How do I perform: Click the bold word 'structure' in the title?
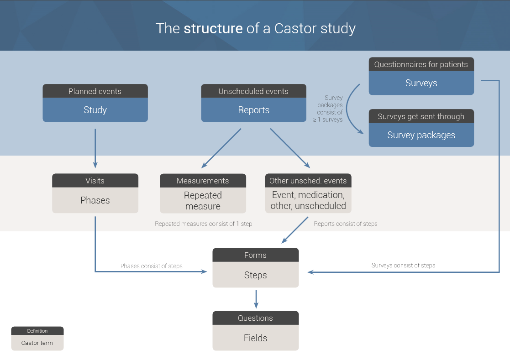click(213, 28)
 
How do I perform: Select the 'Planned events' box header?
click(95, 91)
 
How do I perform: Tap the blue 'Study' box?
click(95, 110)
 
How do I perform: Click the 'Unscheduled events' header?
click(253, 91)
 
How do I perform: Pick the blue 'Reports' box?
click(253, 110)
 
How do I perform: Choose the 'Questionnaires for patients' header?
click(421, 64)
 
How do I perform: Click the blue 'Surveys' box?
click(421, 83)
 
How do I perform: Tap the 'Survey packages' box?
click(421, 135)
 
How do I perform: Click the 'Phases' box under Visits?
click(95, 200)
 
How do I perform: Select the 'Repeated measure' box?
click(203, 201)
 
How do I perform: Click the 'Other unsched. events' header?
click(308, 181)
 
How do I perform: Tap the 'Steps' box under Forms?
click(255, 275)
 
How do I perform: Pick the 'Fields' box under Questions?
click(255, 338)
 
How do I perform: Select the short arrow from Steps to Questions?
click(256, 299)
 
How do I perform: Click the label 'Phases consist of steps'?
click(151, 266)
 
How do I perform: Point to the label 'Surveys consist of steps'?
click(403, 265)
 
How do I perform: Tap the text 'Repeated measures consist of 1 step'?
click(203, 224)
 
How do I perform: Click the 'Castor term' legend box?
click(37, 343)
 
